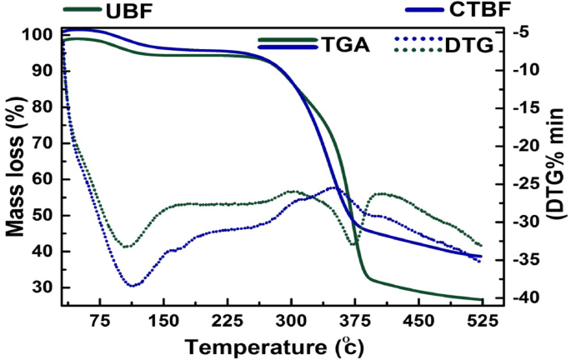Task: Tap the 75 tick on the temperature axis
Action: [100, 320]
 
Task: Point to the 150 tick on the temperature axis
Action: [163, 320]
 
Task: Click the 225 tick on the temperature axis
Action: [227, 320]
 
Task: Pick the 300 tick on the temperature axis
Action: [291, 320]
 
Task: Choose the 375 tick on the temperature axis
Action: [354, 320]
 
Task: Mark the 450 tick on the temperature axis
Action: [418, 320]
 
